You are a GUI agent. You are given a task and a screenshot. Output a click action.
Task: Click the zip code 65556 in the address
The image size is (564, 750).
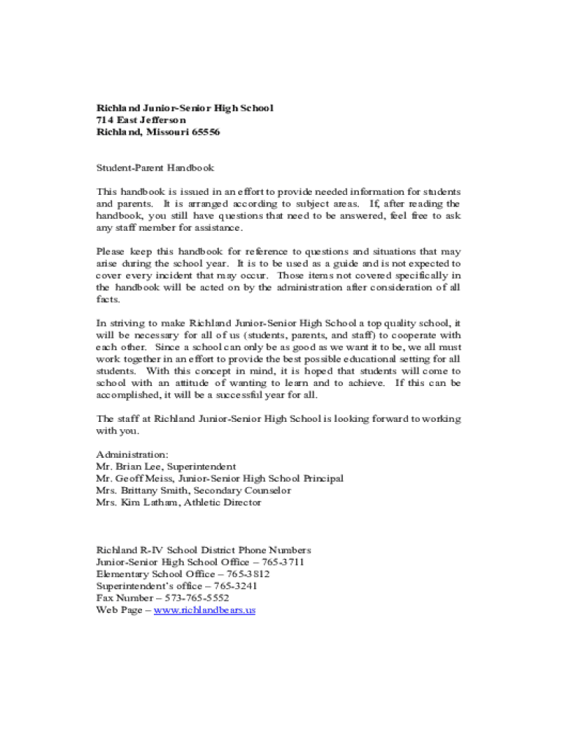pyautogui.click(x=205, y=133)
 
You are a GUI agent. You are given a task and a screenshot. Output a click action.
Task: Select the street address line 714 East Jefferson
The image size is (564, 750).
pyautogui.click(x=141, y=120)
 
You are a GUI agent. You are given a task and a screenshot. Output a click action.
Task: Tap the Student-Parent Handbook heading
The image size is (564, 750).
pyautogui.click(x=155, y=168)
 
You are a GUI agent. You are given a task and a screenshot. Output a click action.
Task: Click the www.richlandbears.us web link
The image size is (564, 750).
pyautogui.click(x=204, y=609)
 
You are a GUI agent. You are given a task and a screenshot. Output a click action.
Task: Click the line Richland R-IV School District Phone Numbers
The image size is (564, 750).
pyautogui.click(x=204, y=550)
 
